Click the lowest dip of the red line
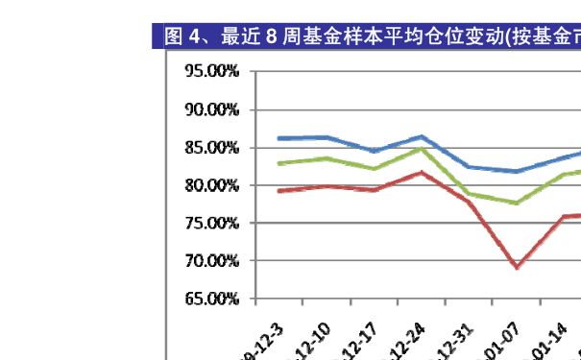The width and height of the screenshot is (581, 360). click(x=517, y=267)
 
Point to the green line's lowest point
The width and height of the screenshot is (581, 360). click(x=517, y=204)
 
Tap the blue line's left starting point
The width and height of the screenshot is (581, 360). click(x=278, y=138)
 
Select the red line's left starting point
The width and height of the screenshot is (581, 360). click(x=278, y=191)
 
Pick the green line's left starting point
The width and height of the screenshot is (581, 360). click(x=278, y=163)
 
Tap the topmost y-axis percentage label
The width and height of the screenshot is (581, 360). click(x=216, y=71)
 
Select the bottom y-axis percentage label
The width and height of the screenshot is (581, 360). click(x=216, y=299)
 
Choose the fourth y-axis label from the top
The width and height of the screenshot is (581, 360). click(x=216, y=184)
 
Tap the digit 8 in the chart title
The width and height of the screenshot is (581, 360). click(x=271, y=37)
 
